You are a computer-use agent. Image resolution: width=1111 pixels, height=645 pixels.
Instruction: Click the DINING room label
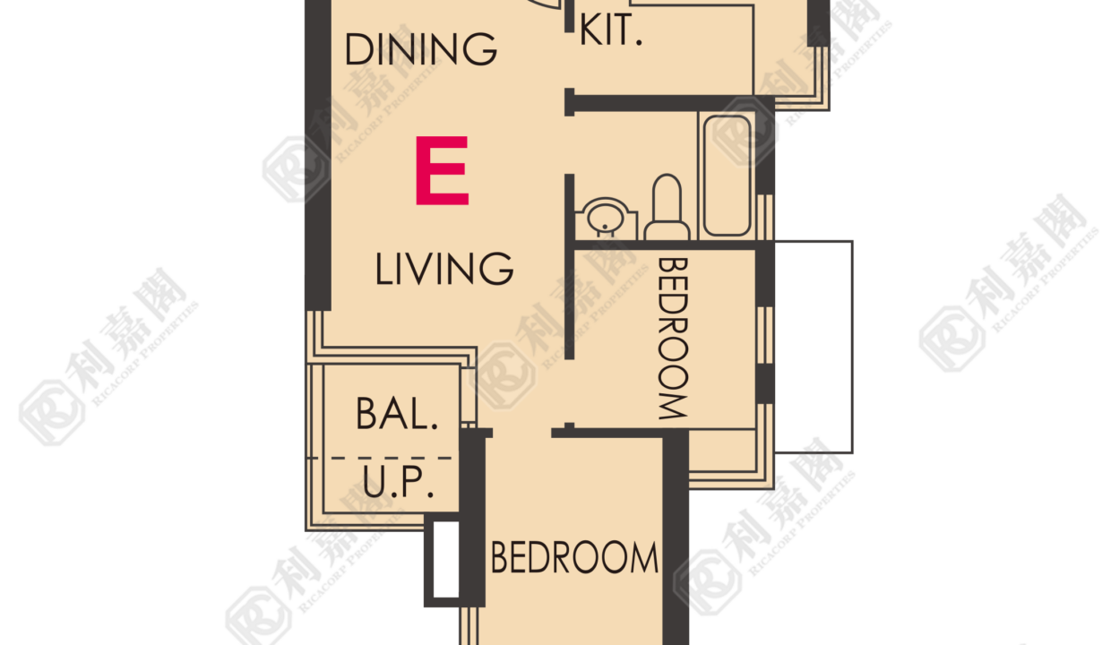tap(420, 48)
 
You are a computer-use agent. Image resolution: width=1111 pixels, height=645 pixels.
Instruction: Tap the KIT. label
tap(610, 30)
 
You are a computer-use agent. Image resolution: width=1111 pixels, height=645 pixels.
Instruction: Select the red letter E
tap(442, 170)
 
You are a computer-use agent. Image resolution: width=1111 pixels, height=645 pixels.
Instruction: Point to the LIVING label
tap(444, 268)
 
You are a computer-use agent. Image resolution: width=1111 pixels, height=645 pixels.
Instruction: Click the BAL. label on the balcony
tap(397, 413)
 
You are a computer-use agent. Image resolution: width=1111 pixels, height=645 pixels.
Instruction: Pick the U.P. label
tap(399, 481)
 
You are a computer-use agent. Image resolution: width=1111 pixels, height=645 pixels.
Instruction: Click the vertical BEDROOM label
tap(673, 339)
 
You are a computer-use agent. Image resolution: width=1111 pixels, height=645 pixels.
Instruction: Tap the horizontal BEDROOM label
tap(574, 558)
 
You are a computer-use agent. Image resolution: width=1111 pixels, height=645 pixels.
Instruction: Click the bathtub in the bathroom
tap(728, 176)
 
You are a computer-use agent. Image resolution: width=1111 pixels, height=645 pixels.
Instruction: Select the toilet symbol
tap(667, 207)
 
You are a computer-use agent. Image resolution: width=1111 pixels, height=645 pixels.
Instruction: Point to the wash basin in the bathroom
tap(606, 219)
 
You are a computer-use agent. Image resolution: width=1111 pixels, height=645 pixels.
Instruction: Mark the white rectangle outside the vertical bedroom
tap(814, 347)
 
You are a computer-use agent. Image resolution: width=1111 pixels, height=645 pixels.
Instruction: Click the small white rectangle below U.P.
tap(446, 559)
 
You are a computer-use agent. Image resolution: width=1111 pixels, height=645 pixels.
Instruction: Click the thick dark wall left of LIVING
tap(318, 155)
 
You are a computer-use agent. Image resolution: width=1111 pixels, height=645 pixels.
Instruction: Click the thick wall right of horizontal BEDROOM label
tap(676, 537)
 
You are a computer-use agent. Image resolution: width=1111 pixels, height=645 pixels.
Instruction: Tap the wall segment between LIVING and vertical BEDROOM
tap(570, 267)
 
